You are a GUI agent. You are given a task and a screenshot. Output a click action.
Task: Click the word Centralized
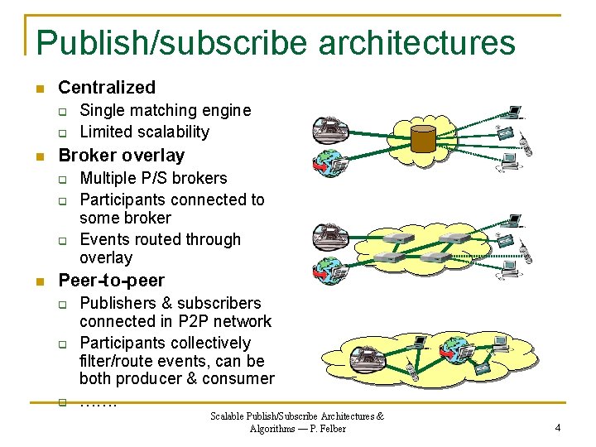(107, 87)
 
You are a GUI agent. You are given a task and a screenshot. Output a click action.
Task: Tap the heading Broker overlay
(122, 155)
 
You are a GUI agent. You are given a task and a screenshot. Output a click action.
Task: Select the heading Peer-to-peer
(112, 280)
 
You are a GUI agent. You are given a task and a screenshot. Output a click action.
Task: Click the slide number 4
(558, 427)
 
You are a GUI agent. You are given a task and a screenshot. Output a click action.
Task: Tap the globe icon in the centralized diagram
(325, 160)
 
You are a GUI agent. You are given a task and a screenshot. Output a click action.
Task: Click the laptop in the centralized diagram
(515, 112)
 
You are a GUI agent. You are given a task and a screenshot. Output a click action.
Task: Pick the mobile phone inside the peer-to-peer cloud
(412, 371)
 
